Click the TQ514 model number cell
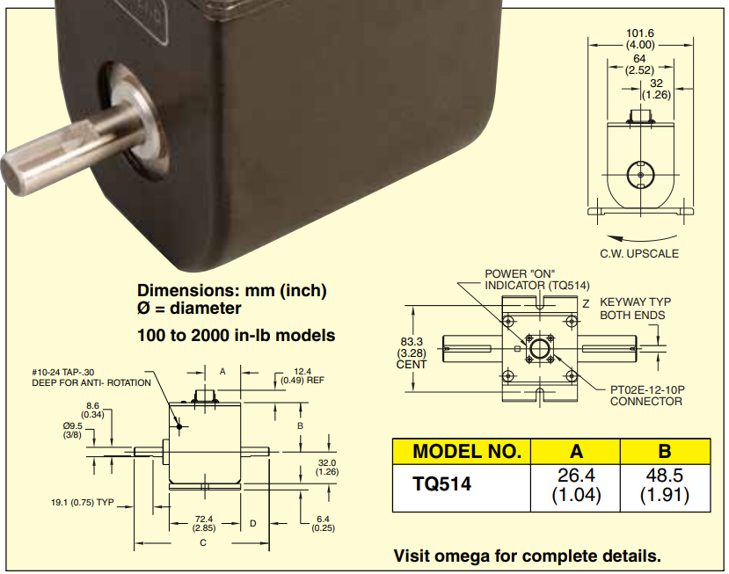442,483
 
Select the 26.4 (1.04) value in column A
576,484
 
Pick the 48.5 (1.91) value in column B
665,484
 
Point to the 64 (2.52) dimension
639,64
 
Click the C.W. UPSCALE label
639,253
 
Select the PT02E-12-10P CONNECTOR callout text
646,395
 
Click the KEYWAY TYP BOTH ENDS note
631,309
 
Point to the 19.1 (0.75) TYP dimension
83,503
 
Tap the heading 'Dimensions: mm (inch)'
232,291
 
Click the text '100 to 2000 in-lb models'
236,335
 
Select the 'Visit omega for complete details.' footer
527,556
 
